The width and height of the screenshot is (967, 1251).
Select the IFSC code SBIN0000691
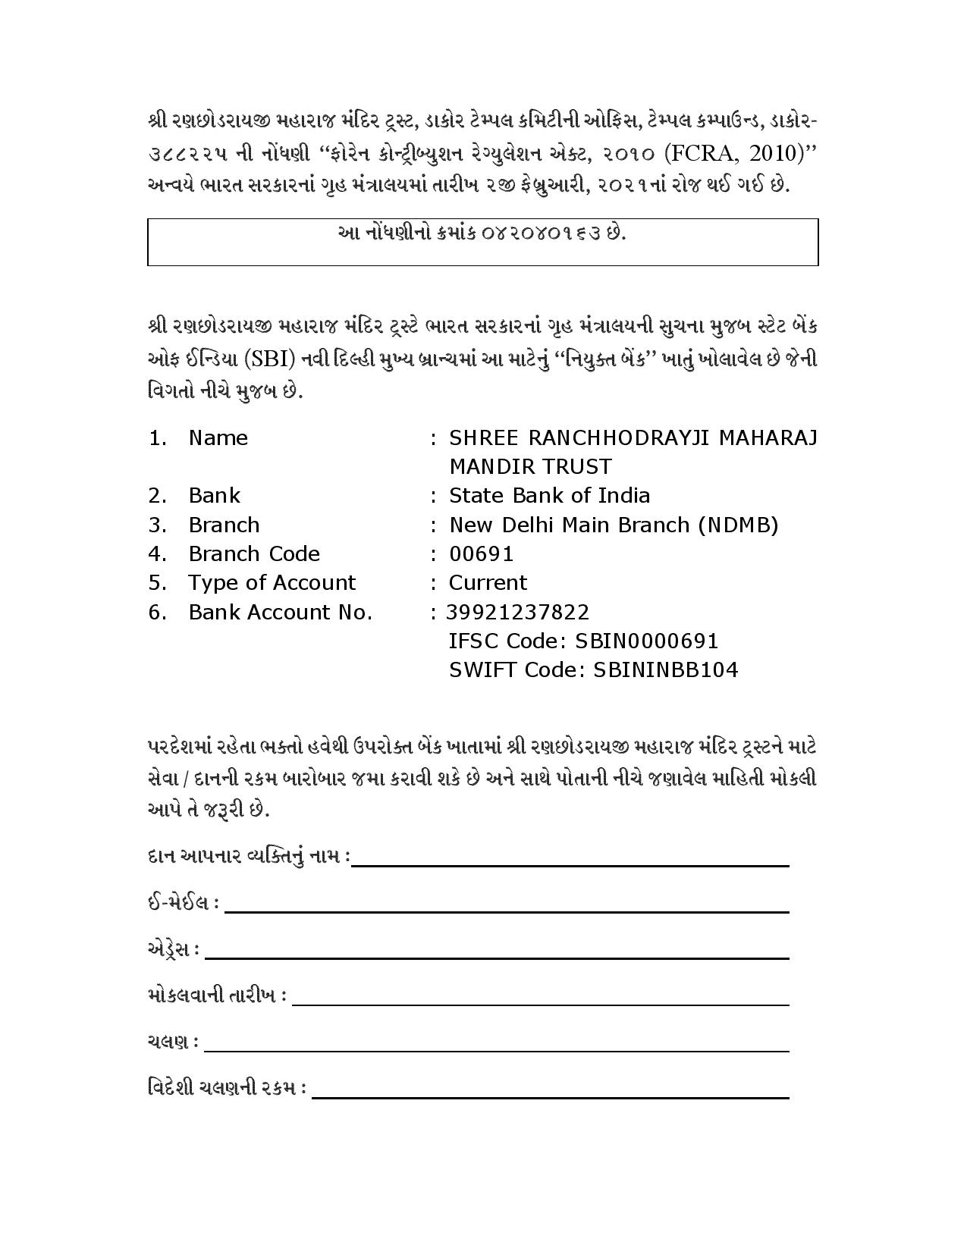[x=646, y=641]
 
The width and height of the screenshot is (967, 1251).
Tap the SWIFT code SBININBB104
[x=667, y=669]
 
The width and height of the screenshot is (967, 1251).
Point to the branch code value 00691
[x=482, y=553]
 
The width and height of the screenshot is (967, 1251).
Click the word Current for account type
[x=488, y=582]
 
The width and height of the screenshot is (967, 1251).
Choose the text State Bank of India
[x=549, y=495]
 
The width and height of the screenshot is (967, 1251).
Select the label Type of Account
[x=272, y=582]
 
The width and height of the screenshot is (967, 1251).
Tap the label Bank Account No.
[x=280, y=612]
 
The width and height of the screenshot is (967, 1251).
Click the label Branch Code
[x=254, y=553]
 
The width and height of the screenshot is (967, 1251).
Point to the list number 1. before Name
[x=157, y=437]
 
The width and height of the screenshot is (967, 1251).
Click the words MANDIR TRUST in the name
[x=530, y=466]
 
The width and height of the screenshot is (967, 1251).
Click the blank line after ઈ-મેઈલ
[x=506, y=911]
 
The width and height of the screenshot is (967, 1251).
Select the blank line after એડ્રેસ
[x=496, y=958]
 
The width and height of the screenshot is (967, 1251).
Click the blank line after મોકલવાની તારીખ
[x=540, y=1004]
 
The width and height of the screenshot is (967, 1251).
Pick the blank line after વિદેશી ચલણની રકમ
[x=550, y=1096]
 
